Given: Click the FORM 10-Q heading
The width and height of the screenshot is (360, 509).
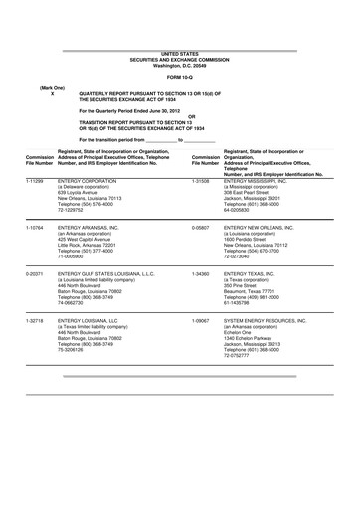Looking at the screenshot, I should coord(179,76).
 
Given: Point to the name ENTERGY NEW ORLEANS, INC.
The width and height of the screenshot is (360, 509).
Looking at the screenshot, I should coord(274,228).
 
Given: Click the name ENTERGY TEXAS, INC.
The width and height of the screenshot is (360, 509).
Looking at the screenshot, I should coord(258,271).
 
